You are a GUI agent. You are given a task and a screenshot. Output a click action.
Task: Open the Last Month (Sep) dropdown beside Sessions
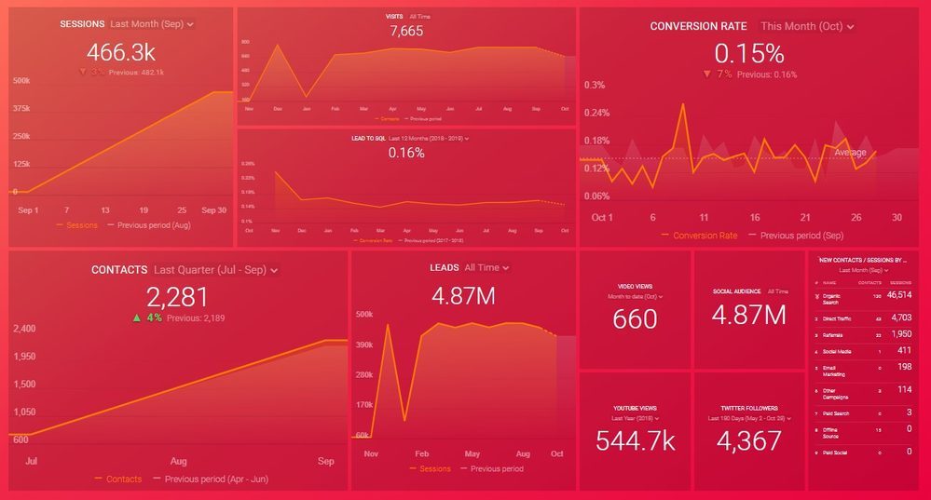(151, 24)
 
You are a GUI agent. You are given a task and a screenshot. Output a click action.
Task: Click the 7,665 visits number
(406, 32)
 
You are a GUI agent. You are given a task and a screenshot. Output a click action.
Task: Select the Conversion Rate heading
(699, 26)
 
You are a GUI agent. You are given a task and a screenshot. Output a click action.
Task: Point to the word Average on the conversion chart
(850, 152)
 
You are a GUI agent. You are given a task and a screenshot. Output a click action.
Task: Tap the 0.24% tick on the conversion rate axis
(596, 113)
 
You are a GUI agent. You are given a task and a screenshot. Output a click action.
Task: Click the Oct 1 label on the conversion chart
(602, 217)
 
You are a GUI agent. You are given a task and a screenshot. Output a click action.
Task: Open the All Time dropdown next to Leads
(486, 268)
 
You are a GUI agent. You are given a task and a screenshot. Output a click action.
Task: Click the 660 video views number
(635, 319)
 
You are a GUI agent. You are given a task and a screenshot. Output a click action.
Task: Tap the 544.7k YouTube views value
(635, 441)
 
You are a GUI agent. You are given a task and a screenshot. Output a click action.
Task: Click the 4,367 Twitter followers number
(748, 441)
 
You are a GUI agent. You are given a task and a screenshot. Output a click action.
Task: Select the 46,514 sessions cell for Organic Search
(899, 295)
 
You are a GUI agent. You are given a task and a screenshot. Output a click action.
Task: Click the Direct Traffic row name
(838, 318)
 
